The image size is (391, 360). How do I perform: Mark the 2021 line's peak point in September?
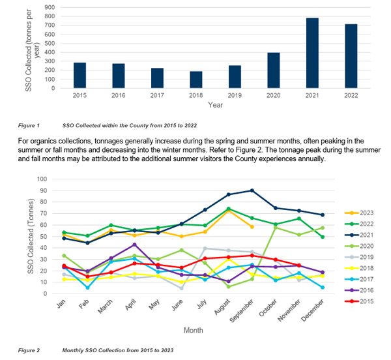[252, 190]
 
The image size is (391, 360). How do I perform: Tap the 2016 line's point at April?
[134, 245]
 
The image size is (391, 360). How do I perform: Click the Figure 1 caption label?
[29, 125]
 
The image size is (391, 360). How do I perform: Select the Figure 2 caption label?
[29, 350]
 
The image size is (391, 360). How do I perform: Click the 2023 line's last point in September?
[252, 226]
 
